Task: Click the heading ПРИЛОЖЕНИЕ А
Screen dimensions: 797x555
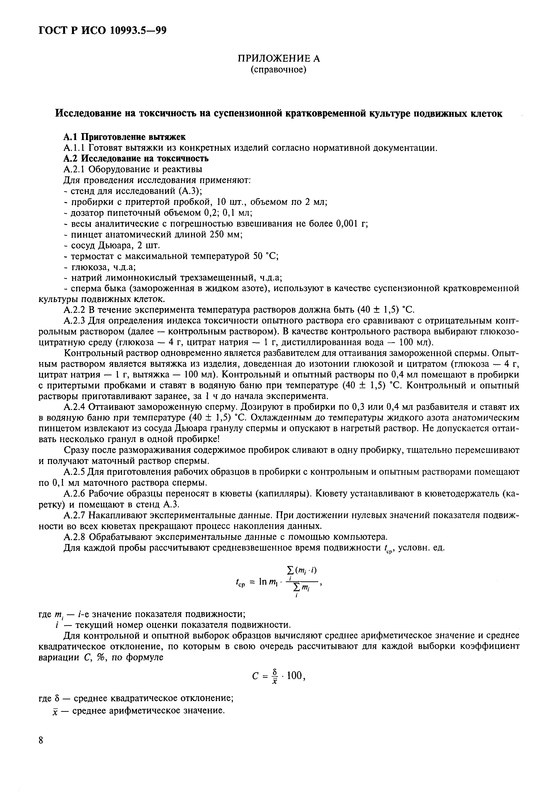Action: click(279, 58)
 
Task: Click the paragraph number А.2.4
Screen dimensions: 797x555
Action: click(76, 406)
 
